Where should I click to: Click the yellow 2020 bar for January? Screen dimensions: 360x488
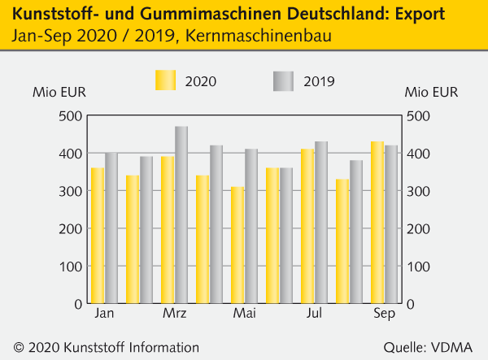pos(98,236)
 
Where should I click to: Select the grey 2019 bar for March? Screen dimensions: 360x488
pos(181,215)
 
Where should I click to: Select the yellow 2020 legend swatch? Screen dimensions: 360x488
pos(165,80)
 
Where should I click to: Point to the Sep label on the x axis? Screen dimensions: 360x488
pos(383,314)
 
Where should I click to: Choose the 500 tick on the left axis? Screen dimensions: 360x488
pos(71,115)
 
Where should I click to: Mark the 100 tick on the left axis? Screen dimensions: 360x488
pos(71,267)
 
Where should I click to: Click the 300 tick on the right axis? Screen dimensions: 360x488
pos(419,191)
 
